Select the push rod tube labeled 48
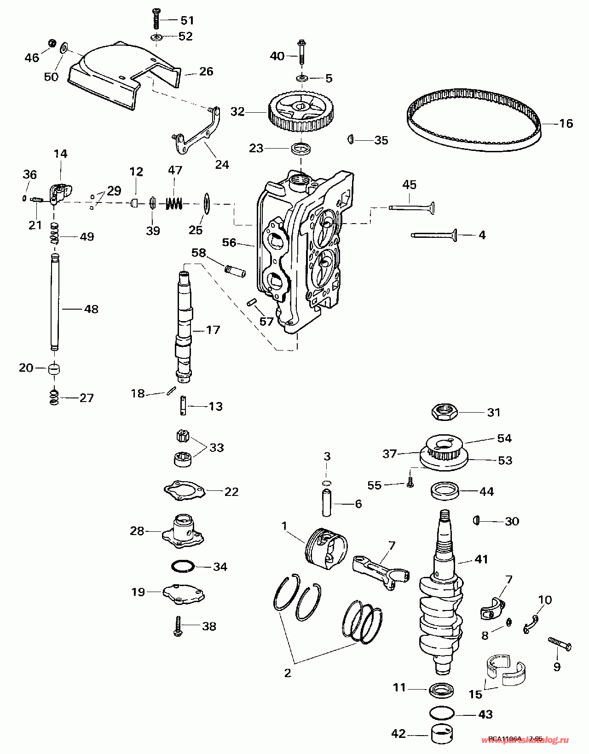point(55,304)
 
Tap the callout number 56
point(229,242)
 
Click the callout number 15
point(475,694)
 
